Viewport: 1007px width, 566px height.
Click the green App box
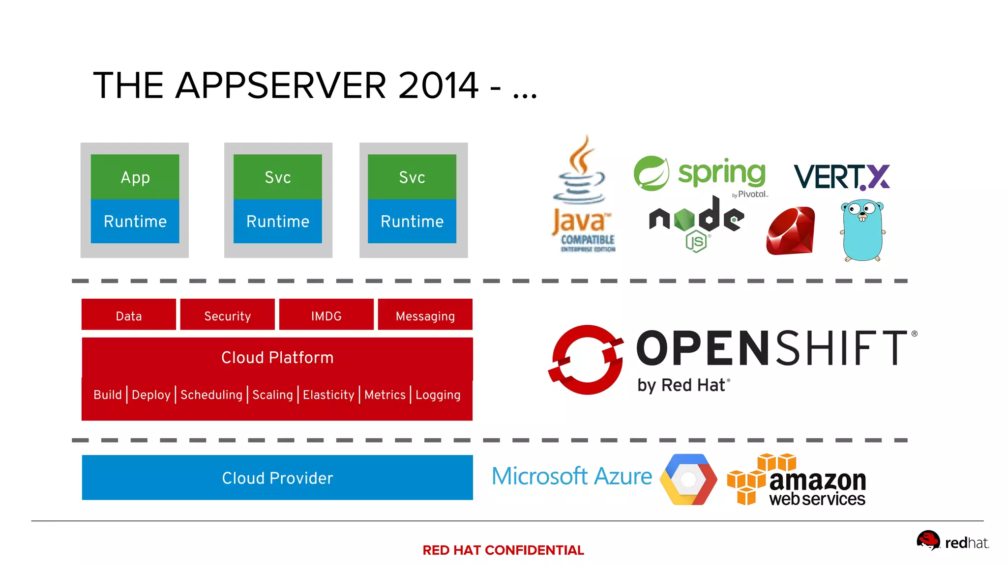135,177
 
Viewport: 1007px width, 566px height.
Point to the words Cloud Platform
277,357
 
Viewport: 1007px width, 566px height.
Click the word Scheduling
211,395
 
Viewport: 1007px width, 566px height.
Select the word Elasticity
328,395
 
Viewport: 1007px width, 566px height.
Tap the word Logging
438,395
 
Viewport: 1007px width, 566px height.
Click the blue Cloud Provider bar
277,478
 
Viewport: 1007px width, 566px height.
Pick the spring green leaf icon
651,173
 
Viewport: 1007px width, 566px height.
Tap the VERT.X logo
841,177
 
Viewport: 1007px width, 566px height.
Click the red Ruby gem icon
791,231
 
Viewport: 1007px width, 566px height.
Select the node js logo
697,221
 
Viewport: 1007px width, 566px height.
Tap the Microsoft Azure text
572,476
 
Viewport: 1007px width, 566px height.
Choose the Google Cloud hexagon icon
688,479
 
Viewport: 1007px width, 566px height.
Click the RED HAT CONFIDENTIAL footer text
503,550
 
